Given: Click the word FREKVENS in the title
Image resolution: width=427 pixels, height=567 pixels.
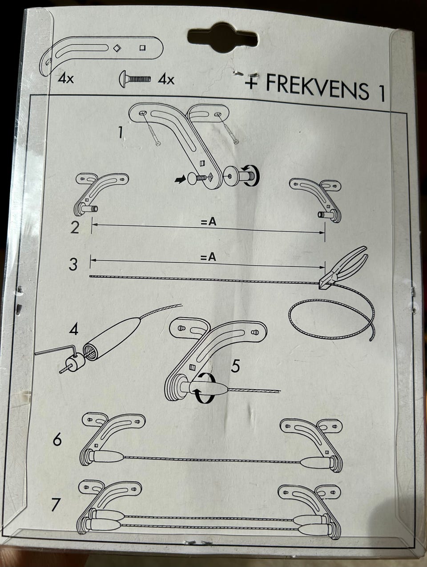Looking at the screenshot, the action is pos(317,87).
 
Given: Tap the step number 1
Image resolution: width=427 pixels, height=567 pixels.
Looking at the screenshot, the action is pos(120,133).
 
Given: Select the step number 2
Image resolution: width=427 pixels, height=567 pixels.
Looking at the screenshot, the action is pos(75,228).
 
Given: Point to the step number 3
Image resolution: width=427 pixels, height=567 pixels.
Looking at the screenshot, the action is pos(73,264).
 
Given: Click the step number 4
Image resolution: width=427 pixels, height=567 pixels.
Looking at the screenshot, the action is pos(74,328).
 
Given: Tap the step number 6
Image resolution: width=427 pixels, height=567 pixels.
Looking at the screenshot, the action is pos(57,439).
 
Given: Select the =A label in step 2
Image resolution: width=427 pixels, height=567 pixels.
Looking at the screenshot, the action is pos(208,222).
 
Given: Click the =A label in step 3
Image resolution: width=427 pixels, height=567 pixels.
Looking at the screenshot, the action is pos(208,257).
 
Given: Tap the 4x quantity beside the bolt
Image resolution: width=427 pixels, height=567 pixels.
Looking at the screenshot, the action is pos(166,80).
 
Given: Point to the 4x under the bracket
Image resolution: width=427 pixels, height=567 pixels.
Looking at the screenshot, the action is pos(66,78).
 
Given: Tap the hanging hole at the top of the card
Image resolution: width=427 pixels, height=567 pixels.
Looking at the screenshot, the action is pos(223,38).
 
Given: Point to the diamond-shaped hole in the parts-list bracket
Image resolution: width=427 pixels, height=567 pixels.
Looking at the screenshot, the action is pos(117,48).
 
